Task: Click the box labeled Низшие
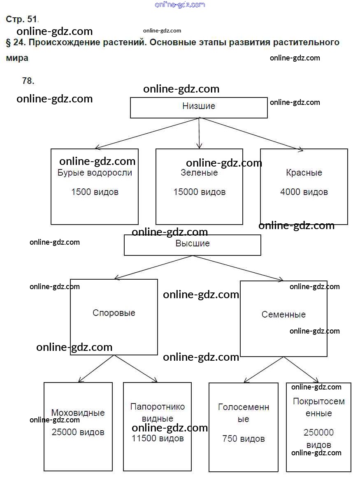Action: [199, 107]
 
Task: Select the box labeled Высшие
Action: [193, 244]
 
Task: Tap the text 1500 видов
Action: [95, 192]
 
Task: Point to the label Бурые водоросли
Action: [95, 173]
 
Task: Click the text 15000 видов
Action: [199, 192]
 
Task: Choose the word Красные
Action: [304, 173]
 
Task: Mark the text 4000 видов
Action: [304, 192]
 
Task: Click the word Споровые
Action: [114, 313]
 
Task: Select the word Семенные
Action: [283, 315]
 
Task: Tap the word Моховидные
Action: [78, 413]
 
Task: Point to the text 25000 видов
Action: [78, 432]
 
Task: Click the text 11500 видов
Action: [158, 438]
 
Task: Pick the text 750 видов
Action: [244, 439]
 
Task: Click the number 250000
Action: [318, 433]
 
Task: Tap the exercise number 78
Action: [28, 81]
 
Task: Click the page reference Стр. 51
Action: [22, 19]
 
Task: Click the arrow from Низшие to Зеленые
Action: [199, 133]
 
